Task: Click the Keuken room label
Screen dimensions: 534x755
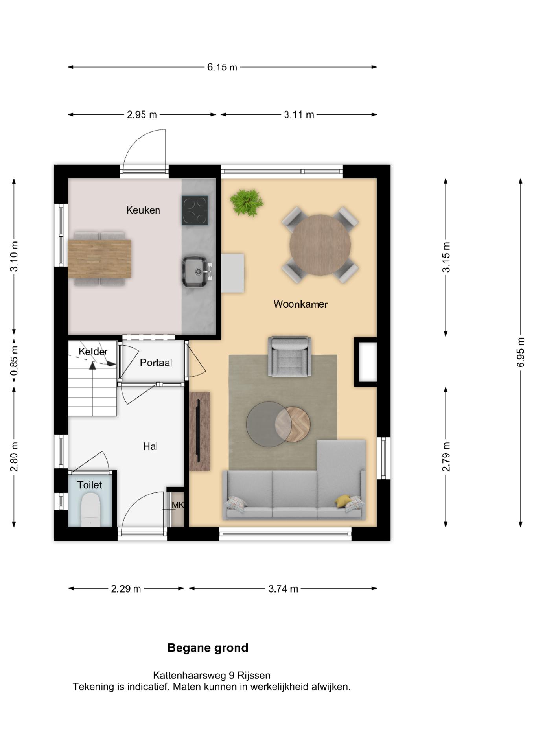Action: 143,210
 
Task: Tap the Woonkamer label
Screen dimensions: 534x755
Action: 300,304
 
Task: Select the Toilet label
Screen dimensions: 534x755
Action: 89,485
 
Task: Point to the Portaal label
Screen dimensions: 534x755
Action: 156,363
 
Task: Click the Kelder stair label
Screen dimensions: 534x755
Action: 93,351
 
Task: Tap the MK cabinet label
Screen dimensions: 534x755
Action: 178,505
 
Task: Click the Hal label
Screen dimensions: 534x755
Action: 150,446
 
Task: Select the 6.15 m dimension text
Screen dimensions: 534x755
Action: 222,67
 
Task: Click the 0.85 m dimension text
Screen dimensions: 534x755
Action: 14,361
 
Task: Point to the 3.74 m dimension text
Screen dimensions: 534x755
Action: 283,589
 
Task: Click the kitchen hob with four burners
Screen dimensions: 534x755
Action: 195,210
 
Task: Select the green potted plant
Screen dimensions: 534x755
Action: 246,202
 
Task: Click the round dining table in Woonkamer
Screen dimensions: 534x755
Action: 320,245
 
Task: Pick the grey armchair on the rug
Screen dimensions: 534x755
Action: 290,356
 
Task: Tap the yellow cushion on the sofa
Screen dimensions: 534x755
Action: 343,501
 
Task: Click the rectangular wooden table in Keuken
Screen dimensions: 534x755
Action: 99,259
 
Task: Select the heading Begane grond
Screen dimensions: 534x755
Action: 208,648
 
